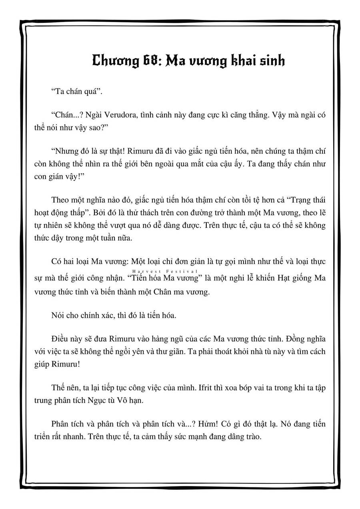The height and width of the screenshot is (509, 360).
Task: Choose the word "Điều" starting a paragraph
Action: [60, 339]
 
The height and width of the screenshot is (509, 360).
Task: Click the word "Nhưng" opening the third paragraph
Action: [64, 152]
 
